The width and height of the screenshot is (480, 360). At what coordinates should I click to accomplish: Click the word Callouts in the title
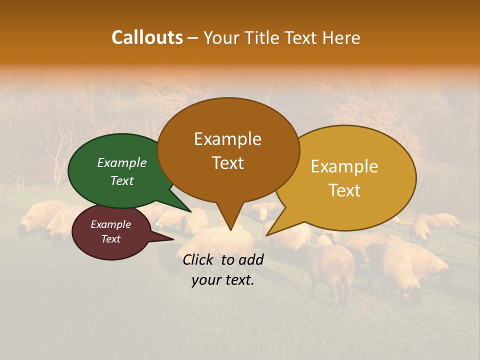[x=147, y=37]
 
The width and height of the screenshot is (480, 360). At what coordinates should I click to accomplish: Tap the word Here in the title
[x=341, y=37]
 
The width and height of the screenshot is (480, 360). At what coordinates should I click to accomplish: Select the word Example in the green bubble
[x=122, y=162]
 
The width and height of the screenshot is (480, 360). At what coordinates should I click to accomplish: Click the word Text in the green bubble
[x=122, y=180]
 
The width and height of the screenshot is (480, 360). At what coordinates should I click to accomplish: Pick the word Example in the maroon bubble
[x=110, y=224]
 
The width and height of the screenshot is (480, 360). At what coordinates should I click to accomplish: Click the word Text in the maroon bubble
[x=110, y=239]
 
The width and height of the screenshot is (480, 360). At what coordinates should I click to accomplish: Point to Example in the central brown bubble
[x=227, y=139]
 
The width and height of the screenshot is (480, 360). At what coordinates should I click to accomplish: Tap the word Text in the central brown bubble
[x=227, y=163]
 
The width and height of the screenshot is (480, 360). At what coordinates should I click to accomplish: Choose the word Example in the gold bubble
[x=344, y=166]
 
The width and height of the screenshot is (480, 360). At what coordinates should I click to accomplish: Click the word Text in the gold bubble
[x=344, y=190]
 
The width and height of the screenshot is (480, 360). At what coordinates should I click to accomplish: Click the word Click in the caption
[x=199, y=259]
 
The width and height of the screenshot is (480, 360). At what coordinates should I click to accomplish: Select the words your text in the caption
[x=223, y=280]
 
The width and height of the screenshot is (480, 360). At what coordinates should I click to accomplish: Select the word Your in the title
[x=221, y=37]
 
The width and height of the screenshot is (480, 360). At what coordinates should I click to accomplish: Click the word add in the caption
[x=250, y=259]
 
